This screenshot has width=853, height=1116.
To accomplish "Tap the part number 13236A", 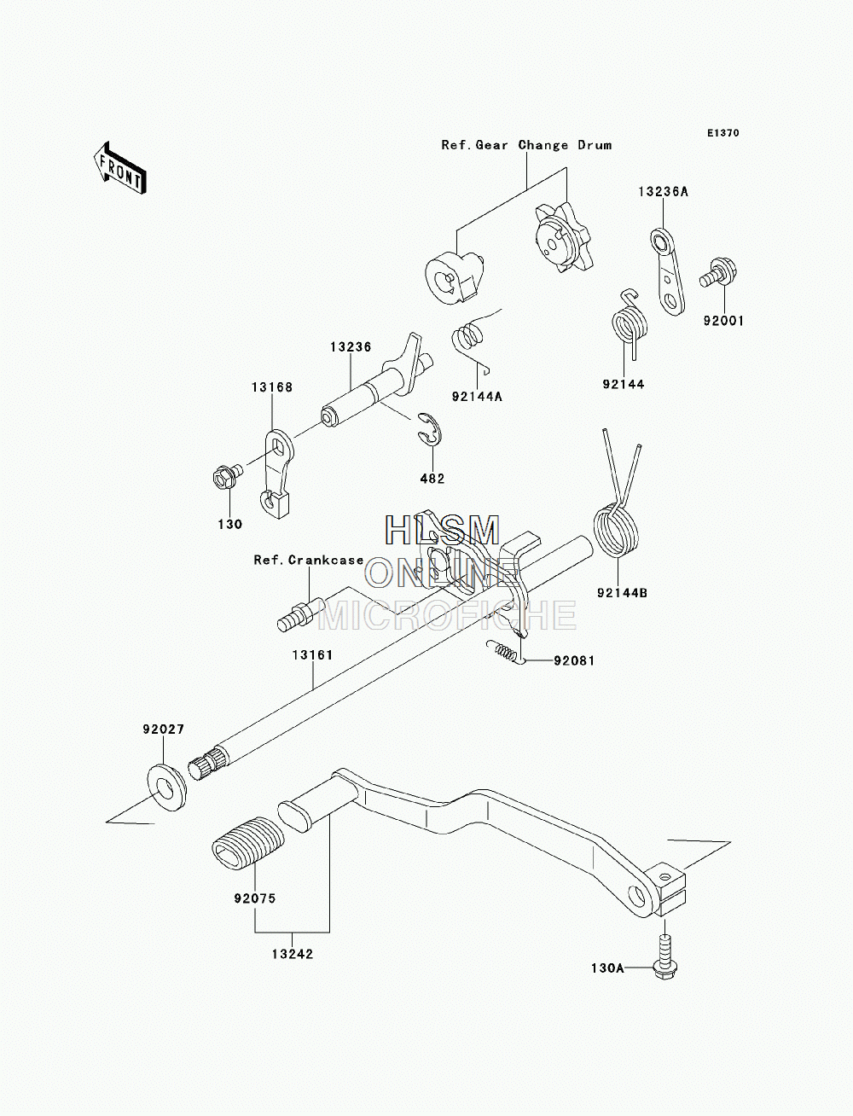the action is point(664,192).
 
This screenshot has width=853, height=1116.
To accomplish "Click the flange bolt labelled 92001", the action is point(719,274).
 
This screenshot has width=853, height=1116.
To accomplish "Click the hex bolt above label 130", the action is point(227,475).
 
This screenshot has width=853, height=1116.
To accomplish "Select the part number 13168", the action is point(272,387).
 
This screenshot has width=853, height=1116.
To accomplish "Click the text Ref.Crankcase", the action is point(309,560).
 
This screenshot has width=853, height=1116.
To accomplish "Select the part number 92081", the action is point(574,660).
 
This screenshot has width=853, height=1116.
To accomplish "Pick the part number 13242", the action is point(293,954).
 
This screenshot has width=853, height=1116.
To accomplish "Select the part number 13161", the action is point(313,655).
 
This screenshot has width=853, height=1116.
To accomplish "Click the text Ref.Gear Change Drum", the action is point(526,145).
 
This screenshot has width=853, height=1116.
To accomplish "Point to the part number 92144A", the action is point(477,396).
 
